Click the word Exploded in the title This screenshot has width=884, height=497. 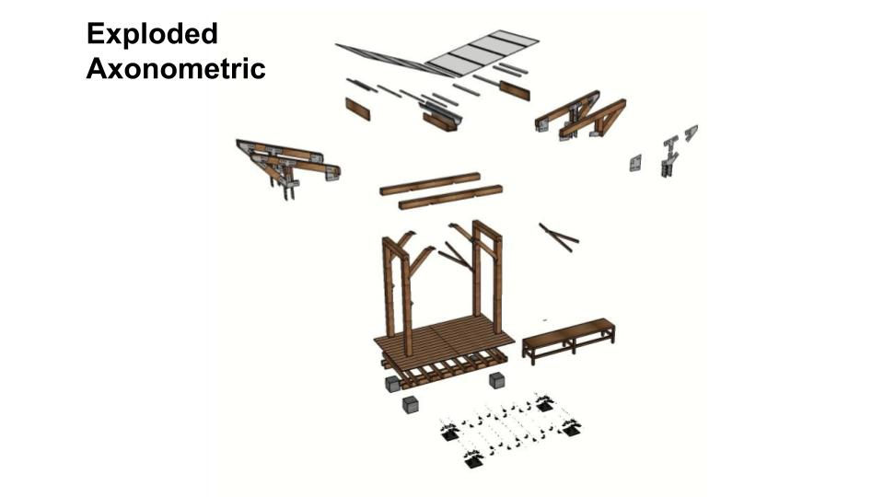[152, 34]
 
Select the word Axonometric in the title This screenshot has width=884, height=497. [175, 69]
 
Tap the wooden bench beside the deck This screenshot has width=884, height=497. [568, 340]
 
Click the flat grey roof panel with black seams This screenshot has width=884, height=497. [482, 52]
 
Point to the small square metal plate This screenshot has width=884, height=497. [635, 163]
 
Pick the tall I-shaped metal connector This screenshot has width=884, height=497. [669, 156]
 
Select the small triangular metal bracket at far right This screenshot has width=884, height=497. [692, 133]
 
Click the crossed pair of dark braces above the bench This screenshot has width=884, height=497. [558, 237]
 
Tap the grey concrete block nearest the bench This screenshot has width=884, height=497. [496, 380]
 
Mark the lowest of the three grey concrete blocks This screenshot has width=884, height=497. [411, 405]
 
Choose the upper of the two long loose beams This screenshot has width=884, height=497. [430, 184]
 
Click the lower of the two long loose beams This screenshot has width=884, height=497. [450, 197]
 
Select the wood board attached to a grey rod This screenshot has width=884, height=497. [502, 86]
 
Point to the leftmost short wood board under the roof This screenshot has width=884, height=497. [357, 109]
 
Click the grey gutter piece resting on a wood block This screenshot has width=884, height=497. [441, 117]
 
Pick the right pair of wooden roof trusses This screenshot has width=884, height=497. [580, 116]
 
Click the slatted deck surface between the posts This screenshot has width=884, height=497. [444, 337]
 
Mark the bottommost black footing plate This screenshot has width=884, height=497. [473, 460]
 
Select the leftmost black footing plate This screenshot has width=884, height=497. [450, 433]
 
